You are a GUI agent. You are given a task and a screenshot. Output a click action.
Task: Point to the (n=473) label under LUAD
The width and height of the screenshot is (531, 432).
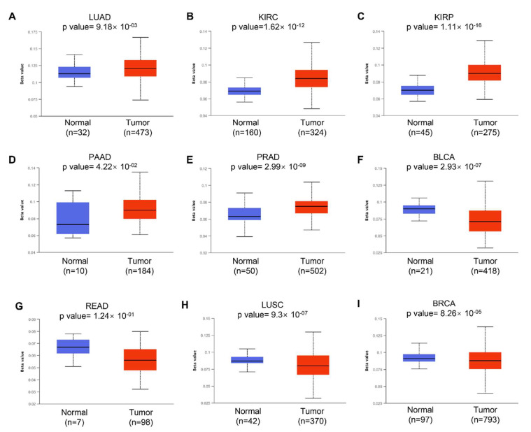click(x=140, y=128)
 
